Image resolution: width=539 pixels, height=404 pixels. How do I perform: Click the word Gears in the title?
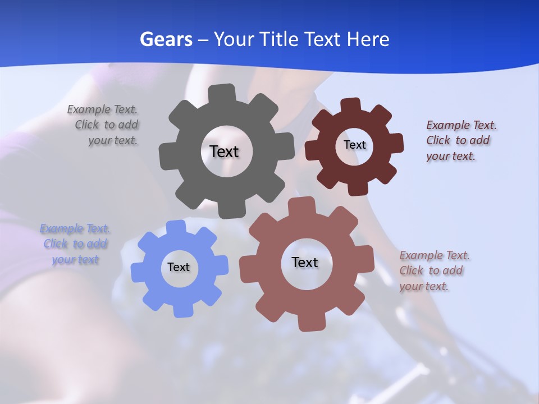166,39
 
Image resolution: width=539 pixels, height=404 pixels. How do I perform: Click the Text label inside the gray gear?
224,151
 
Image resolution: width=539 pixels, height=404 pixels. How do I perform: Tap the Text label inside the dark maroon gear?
354,145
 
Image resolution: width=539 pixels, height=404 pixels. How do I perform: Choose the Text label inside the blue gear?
179,267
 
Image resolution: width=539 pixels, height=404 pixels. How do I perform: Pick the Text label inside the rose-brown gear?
305,262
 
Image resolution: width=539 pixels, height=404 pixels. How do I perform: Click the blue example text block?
75,244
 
